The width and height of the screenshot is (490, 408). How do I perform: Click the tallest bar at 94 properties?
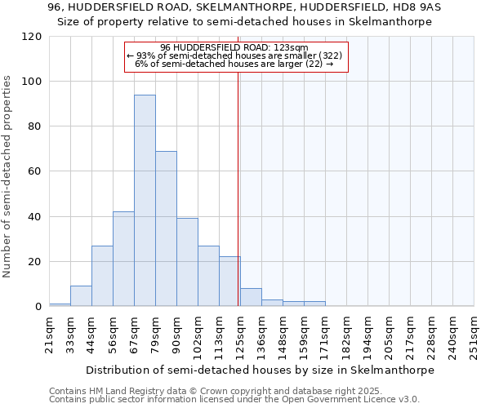click(x=145, y=200)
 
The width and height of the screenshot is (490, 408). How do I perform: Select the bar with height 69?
click(x=166, y=228)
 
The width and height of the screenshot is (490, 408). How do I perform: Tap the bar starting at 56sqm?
click(x=123, y=259)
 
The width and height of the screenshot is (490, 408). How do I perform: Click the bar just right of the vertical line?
click(x=251, y=298)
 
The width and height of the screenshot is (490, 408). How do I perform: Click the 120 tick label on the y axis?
click(x=32, y=37)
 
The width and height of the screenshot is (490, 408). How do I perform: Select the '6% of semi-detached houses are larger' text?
click(x=234, y=64)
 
